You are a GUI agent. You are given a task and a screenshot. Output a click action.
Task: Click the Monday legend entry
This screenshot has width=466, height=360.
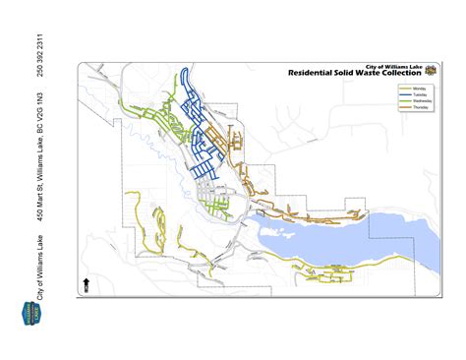click(x=418, y=88)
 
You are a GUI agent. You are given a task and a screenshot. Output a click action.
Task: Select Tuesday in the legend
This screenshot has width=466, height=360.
click(x=418, y=94)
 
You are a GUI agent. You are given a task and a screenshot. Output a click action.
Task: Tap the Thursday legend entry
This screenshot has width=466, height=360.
click(x=418, y=106)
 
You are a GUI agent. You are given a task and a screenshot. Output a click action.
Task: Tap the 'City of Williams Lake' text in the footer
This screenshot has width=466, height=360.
click(x=40, y=265)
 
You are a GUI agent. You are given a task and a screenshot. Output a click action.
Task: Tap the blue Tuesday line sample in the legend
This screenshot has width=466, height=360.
click(x=405, y=94)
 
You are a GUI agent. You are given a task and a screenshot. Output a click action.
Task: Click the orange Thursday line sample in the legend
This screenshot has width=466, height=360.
click(x=405, y=106)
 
